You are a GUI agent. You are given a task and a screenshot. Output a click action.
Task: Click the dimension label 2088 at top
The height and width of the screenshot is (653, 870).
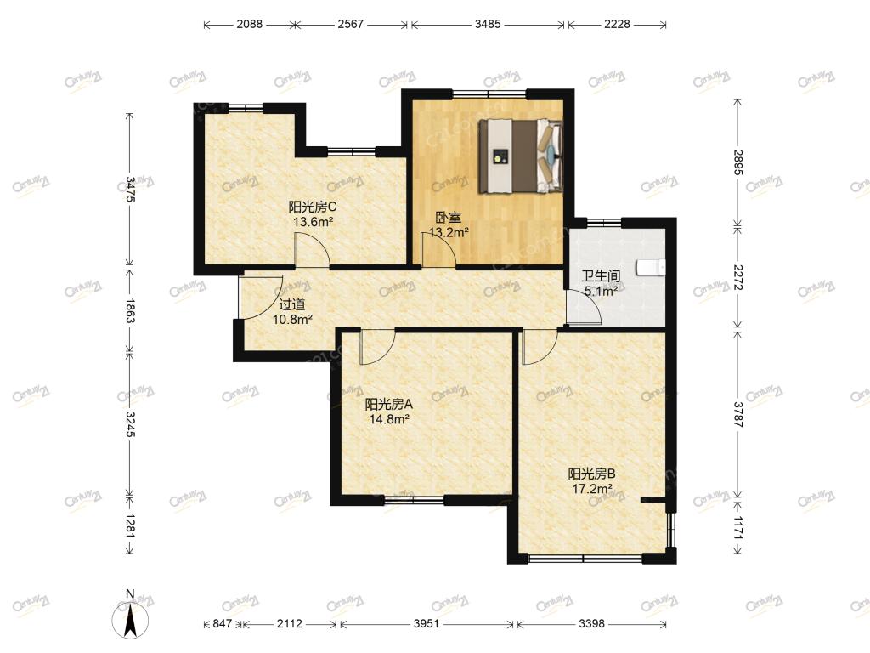pos(250,24)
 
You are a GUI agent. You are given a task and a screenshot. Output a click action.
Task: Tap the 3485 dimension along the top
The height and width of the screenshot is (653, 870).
pos(488,24)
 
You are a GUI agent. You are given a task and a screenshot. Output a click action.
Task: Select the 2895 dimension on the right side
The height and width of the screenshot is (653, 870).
pos(737,162)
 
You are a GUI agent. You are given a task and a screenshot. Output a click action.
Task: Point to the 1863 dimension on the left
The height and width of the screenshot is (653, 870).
pos(130,310)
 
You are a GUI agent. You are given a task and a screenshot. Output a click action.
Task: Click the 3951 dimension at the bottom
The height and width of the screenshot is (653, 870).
pos(427,623)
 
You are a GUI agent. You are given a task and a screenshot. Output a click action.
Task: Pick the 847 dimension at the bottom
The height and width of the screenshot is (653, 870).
pos(222,623)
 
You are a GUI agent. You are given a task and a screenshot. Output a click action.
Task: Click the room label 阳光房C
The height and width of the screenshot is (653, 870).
pos(313,207)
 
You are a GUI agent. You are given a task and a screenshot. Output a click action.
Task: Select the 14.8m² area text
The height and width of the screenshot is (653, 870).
pos(389,419)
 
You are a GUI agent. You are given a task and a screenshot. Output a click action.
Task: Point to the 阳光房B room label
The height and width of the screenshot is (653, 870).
pos(592,474)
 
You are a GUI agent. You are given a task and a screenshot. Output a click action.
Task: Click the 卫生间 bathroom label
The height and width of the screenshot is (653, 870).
pos(601,276)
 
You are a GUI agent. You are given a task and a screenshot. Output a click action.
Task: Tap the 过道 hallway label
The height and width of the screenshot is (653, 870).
pos(292,304)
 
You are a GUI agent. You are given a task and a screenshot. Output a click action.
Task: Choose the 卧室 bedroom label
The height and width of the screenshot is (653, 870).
pos(449,219)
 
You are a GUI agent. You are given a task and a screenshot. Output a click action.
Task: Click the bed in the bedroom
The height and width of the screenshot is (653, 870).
pos(521,156)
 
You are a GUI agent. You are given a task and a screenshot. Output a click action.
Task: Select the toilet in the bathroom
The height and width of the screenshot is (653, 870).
pos(651,268)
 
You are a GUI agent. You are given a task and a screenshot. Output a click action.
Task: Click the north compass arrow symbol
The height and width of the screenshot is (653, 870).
pos(130,619)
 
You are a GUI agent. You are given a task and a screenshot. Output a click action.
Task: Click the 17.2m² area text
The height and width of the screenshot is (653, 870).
pos(592,489)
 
